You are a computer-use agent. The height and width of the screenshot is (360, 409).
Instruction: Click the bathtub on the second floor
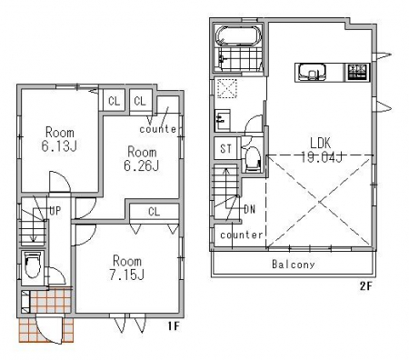pos(238,35)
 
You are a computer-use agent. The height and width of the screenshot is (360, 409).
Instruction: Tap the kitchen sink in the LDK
pos(312,72)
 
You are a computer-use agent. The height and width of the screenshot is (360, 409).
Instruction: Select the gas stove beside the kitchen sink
pos(358,72)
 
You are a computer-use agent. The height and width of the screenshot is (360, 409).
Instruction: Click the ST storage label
pos(225,148)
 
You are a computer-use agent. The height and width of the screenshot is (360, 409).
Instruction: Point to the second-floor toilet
pos(253,158)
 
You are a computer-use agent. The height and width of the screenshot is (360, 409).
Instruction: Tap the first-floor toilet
pos(33,265)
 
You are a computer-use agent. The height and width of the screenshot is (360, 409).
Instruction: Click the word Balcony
pos(293,264)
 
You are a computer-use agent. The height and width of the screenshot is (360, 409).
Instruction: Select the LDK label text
pos(320,143)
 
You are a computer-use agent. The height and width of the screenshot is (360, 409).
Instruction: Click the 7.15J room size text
pos(126,275)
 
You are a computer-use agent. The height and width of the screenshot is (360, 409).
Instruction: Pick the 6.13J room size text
pos(59,146)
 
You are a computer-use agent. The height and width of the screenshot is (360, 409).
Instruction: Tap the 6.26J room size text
pos(142,165)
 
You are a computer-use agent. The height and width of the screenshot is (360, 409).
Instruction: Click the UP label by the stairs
pos(55,211)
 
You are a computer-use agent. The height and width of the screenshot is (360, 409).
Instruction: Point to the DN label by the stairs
pos(250,209)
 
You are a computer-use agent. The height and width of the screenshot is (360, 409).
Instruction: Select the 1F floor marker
pos(174,326)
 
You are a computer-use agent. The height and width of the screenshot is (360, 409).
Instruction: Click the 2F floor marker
pos(365,286)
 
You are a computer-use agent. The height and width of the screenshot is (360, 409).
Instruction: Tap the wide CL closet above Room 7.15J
pos(155,212)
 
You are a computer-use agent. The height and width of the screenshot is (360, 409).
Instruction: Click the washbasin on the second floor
pos(223,120)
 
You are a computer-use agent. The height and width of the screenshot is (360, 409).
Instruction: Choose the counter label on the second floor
pos(242,235)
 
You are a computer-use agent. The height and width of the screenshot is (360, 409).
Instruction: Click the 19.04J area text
pos(322,157)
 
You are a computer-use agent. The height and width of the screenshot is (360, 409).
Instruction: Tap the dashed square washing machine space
pos(227,88)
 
